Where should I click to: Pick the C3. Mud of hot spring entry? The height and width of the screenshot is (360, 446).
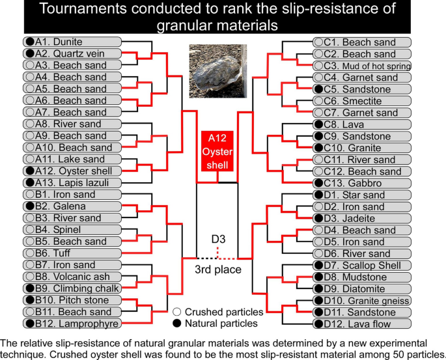pyautogui.click(x=362, y=66)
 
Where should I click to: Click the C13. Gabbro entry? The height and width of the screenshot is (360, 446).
pyautogui.click(x=362, y=184)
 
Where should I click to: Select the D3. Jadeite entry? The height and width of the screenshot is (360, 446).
pyautogui.click(x=362, y=218)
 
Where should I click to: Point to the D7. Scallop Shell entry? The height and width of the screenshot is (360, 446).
pyautogui.click(x=362, y=265)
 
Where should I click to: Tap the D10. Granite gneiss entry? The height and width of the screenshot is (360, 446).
pyautogui.click(x=362, y=300)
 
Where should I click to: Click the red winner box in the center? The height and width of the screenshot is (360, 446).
pyautogui.click(x=214, y=152)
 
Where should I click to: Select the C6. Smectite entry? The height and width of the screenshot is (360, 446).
pyautogui.click(x=362, y=101)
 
